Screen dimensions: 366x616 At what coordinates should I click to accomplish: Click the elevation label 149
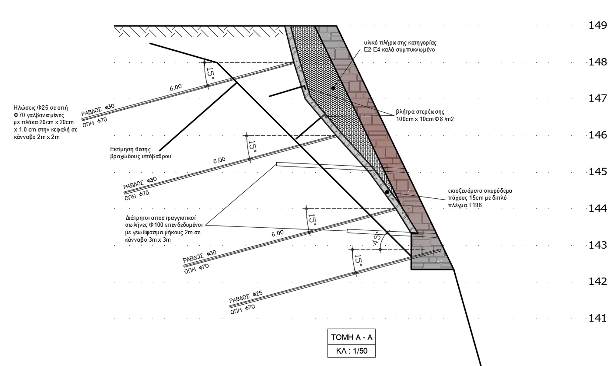[x=598, y=25]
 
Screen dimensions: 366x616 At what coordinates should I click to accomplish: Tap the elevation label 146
[x=598, y=135]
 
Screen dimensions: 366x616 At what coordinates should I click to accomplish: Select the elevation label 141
[x=598, y=318]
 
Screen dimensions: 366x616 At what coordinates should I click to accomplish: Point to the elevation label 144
[x=598, y=208]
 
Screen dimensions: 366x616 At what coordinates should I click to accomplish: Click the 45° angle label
[x=377, y=239]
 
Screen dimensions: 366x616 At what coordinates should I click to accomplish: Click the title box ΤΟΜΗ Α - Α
[x=351, y=337]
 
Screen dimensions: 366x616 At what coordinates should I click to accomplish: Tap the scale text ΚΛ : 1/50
[x=351, y=351]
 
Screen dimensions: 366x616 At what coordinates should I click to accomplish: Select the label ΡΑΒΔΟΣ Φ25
[x=246, y=296]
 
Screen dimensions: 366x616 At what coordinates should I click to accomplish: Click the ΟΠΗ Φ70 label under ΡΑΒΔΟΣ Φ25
[x=242, y=309]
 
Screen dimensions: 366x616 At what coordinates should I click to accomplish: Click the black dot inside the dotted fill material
[x=333, y=88]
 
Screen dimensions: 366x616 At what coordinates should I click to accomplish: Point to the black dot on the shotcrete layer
[x=387, y=192]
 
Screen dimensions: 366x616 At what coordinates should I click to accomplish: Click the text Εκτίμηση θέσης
[x=130, y=149]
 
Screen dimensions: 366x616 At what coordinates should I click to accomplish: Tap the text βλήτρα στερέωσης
[x=420, y=112]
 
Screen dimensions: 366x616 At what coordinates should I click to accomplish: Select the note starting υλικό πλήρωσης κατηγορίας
[x=400, y=43]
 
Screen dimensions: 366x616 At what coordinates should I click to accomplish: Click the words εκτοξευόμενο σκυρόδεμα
[x=480, y=191]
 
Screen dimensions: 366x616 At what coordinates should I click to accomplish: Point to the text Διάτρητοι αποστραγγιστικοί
[x=161, y=218]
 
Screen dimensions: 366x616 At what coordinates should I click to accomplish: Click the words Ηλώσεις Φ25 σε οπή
[x=41, y=108]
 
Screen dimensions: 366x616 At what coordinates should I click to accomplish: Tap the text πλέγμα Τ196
[x=465, y=205]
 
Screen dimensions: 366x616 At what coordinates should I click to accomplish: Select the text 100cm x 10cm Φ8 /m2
[x=425, y=119]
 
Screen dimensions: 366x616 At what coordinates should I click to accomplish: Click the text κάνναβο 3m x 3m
[x=148, y=240]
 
